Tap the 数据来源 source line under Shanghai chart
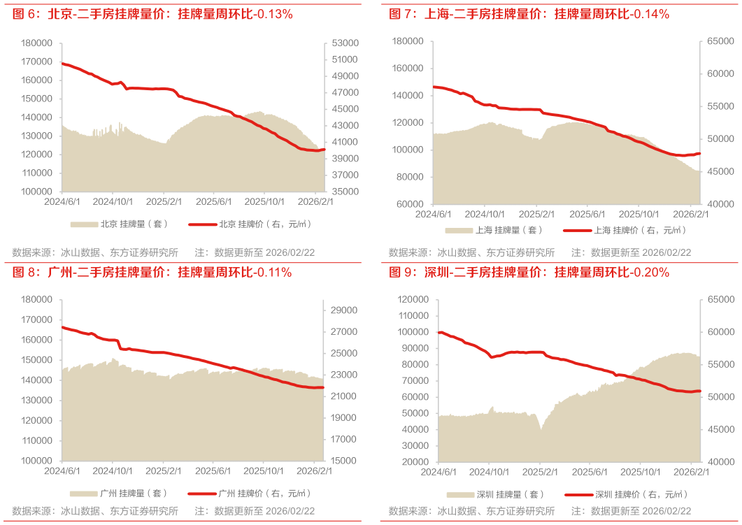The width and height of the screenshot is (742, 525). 472,252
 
